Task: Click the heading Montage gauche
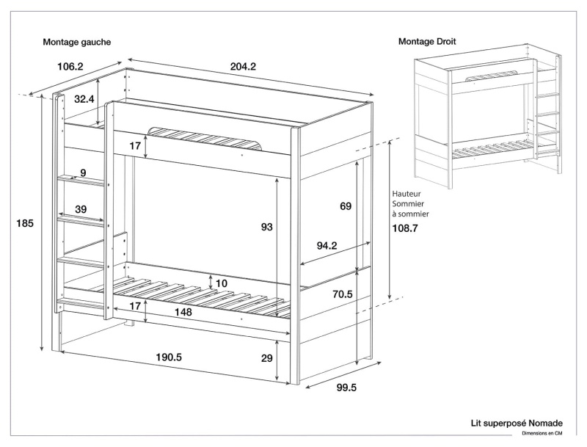[77, 43]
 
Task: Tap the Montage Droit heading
[427, 42]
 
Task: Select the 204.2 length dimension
[243, 67]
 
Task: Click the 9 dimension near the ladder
[83, 173]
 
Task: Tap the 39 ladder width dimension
[81, 209]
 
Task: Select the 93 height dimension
[267, 228]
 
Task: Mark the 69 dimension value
[346, 207]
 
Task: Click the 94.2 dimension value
[327, 247]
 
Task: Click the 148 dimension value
[183, 313]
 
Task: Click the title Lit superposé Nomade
[517, 424]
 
